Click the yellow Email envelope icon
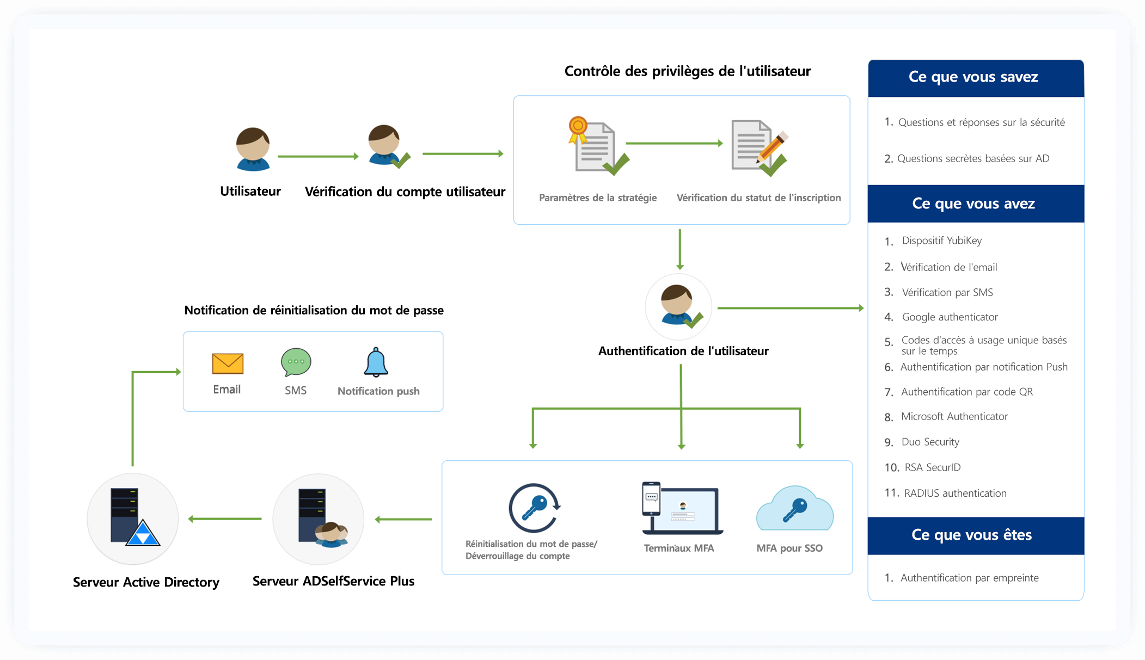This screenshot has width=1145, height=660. point(228,363)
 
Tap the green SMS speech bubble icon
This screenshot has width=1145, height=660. point(296,362)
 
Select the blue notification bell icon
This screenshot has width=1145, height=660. point(376,362)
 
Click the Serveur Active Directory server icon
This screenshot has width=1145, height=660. point(133,517)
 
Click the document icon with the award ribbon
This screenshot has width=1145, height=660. point(597,146)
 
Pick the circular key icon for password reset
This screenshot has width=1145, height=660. point(534,508)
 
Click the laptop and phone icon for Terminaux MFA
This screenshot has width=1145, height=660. point(681,508)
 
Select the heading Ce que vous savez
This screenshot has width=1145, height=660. point(973,77)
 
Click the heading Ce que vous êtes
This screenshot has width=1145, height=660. point(971,535)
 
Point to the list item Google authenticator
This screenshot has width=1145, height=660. point(950,317)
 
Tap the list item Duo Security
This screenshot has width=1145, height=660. point(930,442)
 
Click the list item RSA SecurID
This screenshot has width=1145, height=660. point(932,467)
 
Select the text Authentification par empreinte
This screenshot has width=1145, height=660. point(969,578)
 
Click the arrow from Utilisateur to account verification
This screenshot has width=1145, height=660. point(318,156)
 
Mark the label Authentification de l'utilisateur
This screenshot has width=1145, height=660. point(683,351)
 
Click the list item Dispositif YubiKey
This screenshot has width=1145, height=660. point(941,240)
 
